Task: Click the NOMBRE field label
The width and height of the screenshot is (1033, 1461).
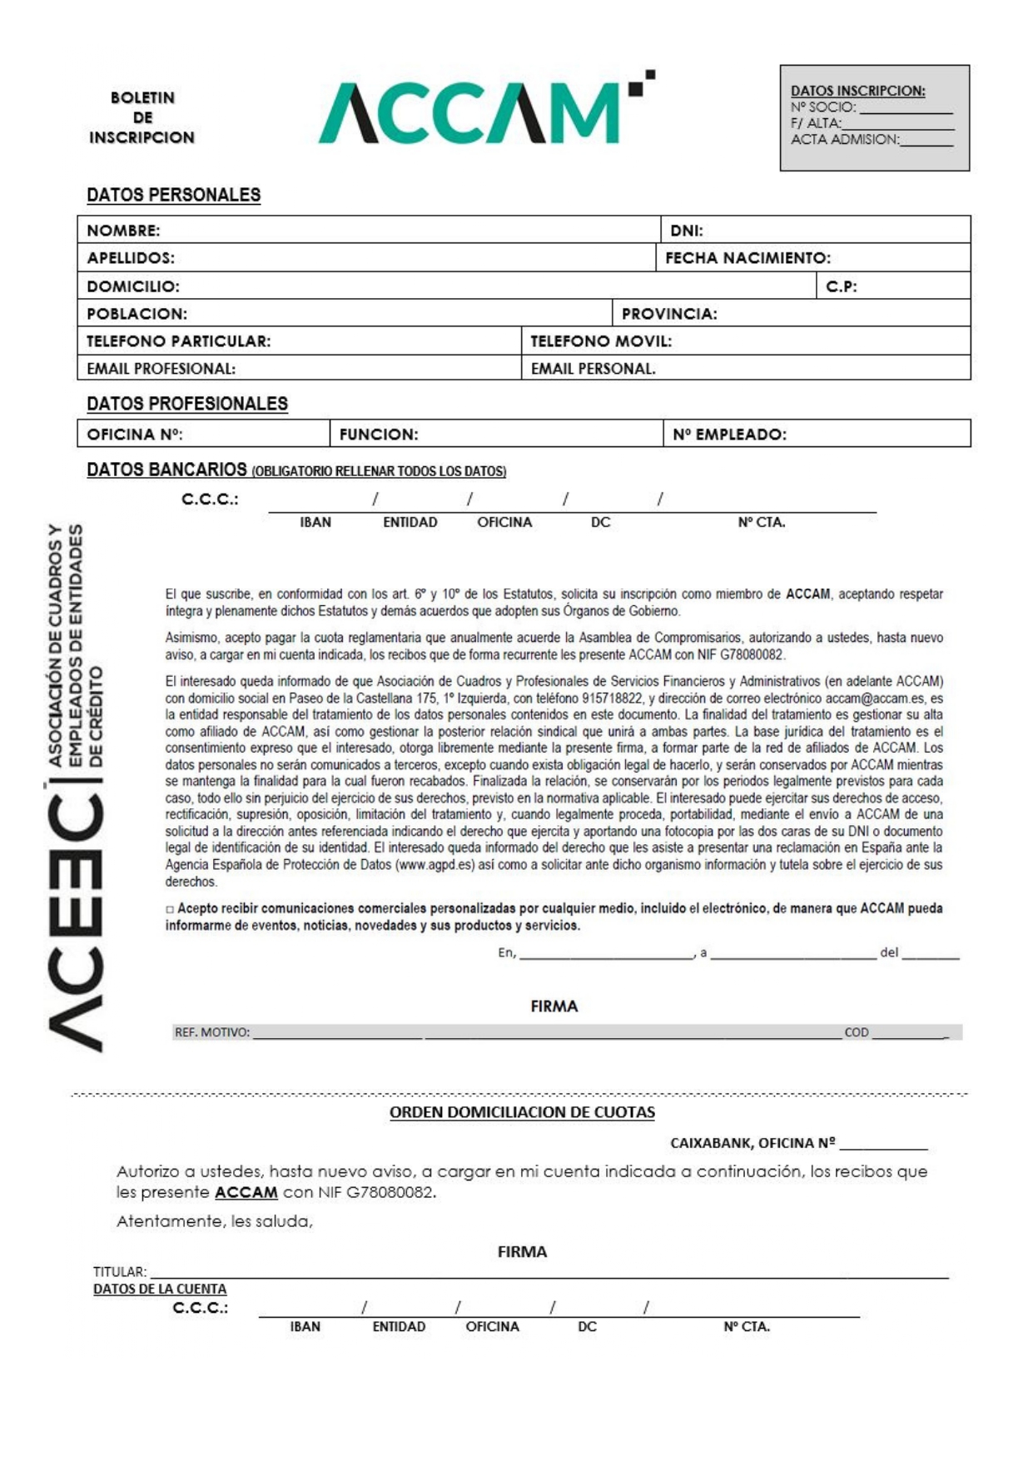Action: tap(123, 231)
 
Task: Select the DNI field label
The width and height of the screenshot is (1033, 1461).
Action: tap(687, 231)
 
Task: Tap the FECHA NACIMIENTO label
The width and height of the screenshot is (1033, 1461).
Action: tap(747, 258)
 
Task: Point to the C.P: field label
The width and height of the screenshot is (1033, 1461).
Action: tap(841, 286)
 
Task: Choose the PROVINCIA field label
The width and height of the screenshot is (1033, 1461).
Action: tap(669, 314)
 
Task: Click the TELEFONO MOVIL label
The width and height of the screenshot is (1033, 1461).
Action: tap(601, 341)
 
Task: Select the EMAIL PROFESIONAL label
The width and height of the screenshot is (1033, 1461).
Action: tap(161, 369)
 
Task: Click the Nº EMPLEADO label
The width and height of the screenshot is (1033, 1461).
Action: tap(729, 435)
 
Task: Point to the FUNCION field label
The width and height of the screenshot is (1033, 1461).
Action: tap(379, 435)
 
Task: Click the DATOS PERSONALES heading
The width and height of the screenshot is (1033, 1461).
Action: tap(173, 195)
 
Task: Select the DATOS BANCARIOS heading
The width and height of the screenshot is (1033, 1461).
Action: tap(166, 470)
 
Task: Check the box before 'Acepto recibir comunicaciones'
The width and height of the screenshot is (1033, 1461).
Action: tap(170, 909)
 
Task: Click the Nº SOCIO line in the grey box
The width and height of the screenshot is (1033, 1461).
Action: tap(871, 107)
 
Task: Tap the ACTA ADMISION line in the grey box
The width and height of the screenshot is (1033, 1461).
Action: tap(871, 140)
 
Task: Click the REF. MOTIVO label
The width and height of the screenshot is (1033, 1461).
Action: tap(211, 1032)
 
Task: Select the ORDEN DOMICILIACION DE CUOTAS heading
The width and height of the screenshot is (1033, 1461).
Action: tap(522, 1112)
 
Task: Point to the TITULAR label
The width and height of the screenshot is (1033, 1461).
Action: tap(119, 1271)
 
